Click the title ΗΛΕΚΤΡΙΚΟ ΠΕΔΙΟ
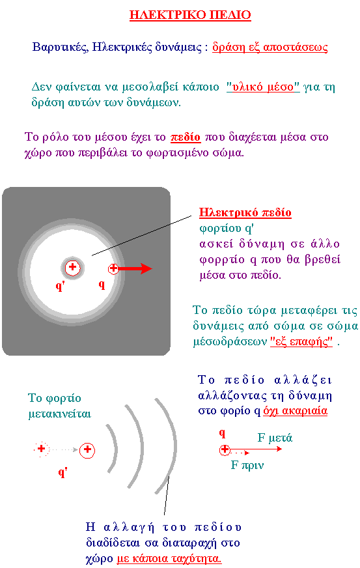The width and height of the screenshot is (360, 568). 190,15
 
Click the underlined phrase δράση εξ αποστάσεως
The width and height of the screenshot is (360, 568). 270,47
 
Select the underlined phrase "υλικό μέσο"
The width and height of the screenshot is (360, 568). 263,87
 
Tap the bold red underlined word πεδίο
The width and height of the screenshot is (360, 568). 185,137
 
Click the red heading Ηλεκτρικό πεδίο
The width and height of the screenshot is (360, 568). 245,212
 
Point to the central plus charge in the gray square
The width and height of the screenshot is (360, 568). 72,268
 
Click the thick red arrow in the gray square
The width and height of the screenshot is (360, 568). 135,268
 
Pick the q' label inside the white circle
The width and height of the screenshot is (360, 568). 60,286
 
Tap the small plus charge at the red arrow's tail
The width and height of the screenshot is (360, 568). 113,268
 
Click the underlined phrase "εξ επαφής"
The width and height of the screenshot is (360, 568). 301,341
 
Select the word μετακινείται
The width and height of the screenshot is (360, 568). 59,414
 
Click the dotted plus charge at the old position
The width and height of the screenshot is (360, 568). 41,449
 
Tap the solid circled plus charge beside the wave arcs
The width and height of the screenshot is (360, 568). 87,450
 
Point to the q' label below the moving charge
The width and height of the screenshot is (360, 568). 63,472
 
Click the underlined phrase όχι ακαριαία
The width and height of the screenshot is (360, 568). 295,411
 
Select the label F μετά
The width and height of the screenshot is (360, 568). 275,438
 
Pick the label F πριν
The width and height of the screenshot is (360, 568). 247,465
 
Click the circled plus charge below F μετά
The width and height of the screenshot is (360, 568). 225,450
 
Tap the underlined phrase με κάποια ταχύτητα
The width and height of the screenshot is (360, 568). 169,559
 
